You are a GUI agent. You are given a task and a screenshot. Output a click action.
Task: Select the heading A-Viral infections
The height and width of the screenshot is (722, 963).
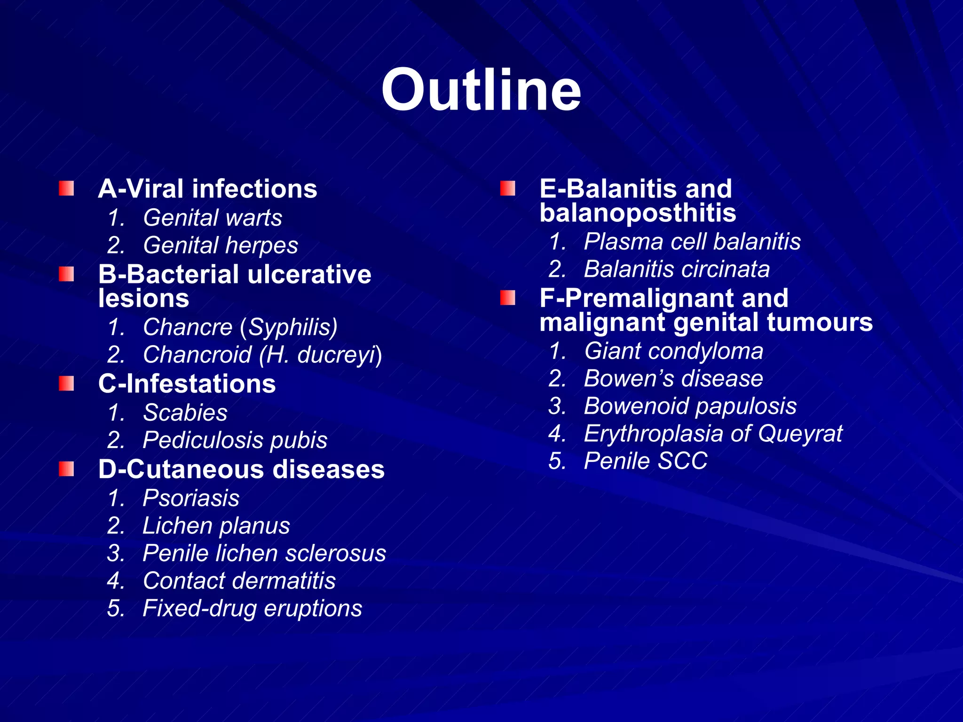207,189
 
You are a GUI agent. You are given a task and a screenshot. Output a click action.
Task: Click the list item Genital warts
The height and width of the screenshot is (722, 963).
212,218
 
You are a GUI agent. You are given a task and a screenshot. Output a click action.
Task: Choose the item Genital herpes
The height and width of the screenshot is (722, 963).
220,245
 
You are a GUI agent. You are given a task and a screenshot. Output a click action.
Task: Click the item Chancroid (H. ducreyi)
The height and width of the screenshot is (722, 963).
262,355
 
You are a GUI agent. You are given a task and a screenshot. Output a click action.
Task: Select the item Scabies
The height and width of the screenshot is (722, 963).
185,413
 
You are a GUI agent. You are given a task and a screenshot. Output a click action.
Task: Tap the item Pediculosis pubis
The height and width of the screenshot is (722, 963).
235,440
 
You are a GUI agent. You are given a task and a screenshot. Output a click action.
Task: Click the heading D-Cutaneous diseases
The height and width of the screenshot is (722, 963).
241,470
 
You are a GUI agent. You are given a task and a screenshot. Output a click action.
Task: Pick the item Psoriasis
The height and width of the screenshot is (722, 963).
191,498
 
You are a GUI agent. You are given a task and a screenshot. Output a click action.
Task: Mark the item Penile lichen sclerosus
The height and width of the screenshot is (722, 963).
264,553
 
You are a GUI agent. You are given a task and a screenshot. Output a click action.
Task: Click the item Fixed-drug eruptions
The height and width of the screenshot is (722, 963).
252,609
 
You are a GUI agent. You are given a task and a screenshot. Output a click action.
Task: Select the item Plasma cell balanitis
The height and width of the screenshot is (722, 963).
692,242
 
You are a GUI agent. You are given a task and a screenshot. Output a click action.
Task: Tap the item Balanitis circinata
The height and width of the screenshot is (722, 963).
676,270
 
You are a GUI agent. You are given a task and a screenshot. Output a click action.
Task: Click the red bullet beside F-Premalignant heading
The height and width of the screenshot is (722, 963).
507,298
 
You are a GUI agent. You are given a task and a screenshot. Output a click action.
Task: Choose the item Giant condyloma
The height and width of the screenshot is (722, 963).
673,352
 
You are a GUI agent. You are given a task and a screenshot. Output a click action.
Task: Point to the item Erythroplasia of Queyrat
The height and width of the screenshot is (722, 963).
713,433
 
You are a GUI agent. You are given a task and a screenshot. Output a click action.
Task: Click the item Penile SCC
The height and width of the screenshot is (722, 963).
645,461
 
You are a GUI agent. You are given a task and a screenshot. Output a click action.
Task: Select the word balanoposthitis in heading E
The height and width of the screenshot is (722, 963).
638,213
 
